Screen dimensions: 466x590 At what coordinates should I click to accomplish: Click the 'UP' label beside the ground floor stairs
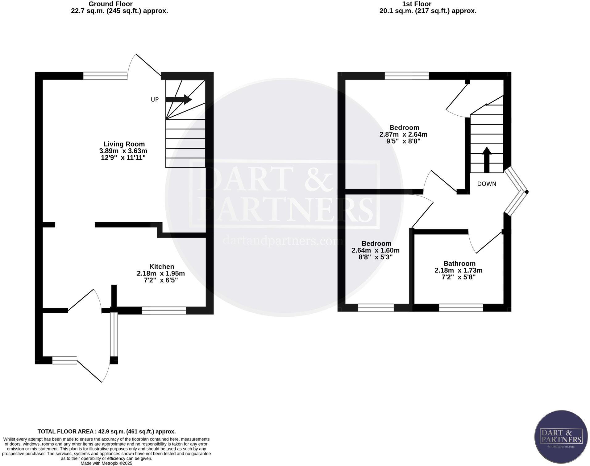click(x=155, y=100)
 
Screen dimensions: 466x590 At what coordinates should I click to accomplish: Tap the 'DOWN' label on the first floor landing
click(x=487, y=184)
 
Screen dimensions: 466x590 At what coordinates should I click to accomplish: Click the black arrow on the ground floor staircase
click(x=179, y=99)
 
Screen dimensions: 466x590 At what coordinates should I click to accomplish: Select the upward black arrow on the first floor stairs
click(x=487, y=159)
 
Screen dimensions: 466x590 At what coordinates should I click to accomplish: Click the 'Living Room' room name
click(x=124, y=144)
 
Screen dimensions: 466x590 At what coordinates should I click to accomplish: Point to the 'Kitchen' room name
click(x=162, y=266)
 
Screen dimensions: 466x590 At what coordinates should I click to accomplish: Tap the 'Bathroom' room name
click(x=459, y=263)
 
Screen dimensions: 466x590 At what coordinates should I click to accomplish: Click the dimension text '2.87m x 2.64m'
click(x=403, y=134)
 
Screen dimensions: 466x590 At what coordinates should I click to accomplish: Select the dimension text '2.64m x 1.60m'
click(x=376, y=250)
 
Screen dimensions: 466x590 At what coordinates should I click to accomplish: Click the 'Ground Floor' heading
click(x=110, y=4)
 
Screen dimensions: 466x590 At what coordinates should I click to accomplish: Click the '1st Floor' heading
click(x=417, y=4)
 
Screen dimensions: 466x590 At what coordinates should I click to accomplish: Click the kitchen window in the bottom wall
click(x=164, y=310)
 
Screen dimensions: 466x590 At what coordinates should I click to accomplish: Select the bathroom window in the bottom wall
click(x=461, y=307)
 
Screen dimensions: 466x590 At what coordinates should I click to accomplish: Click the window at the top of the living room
click(x=105, y=76)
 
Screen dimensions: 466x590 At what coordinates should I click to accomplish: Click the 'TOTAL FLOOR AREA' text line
click(x=106, y=431)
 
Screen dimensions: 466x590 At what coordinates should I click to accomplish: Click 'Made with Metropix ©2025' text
click(x=106, y=463)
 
